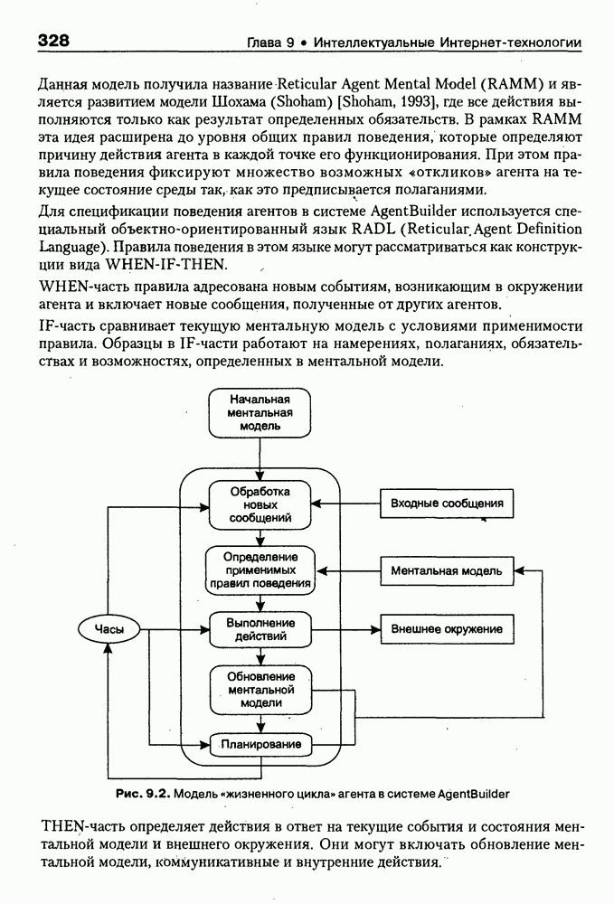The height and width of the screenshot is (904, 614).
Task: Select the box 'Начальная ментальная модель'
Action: tap(260, 411)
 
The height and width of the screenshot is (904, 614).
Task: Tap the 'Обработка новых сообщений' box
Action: tap(260, 504)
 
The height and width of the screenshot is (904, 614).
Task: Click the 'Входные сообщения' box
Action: tap(440, 504)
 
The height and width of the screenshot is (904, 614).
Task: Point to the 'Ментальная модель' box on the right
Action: tap(440, 570)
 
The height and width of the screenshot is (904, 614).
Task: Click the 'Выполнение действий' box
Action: tap(260, 629)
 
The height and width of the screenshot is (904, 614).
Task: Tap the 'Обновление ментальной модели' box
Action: tap(260, 689)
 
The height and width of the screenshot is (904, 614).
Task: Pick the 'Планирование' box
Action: tap(260, 745)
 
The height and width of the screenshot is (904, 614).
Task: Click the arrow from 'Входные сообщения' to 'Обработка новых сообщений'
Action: tap(345, 504)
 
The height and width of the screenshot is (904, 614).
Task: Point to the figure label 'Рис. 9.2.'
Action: tap(142, 794)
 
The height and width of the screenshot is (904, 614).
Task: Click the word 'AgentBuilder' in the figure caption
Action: tap(474, 794)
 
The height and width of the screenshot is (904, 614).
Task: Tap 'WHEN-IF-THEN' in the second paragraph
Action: tap(168, 265)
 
